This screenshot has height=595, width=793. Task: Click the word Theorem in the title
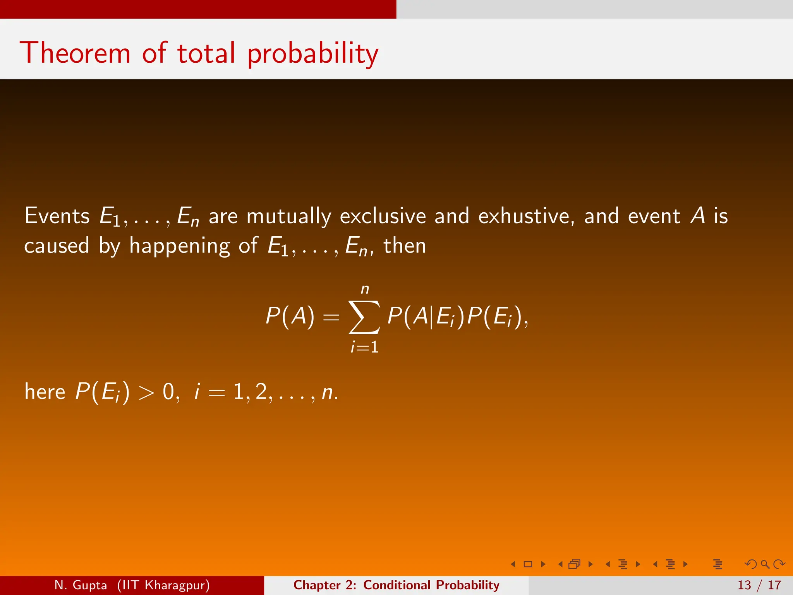click(75, 53)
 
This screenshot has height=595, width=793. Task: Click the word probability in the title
click(313, 54)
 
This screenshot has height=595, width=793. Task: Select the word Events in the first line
click(57, 216)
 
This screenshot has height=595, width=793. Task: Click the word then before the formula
click(405, 246)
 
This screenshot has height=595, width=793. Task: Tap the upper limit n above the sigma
click(365, 289)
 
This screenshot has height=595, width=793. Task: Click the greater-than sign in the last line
click(146, 393)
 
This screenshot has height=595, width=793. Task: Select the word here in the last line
click(45, 392)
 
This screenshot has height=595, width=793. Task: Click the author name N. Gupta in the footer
click(81, 585)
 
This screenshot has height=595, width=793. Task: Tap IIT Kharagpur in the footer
click(163, 585)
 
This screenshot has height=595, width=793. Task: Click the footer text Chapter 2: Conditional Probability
click(396, 585)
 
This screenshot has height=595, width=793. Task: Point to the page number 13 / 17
click(759, 585)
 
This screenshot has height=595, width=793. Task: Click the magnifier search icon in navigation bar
click(765, 564)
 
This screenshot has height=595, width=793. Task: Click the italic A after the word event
click(698, 216)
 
